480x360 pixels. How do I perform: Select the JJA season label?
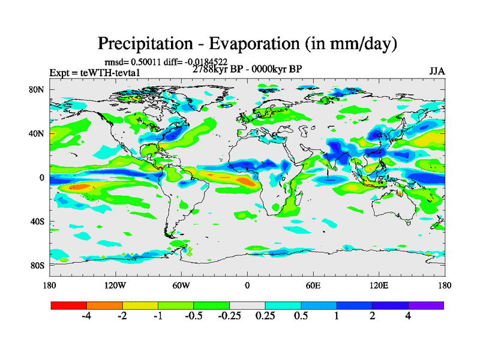point(437,71)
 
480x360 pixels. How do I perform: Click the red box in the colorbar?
point(69,305)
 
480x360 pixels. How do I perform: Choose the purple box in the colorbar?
point(426,305)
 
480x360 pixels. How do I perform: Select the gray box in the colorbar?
point(247,305)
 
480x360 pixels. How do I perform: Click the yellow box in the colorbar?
point(140,305)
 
